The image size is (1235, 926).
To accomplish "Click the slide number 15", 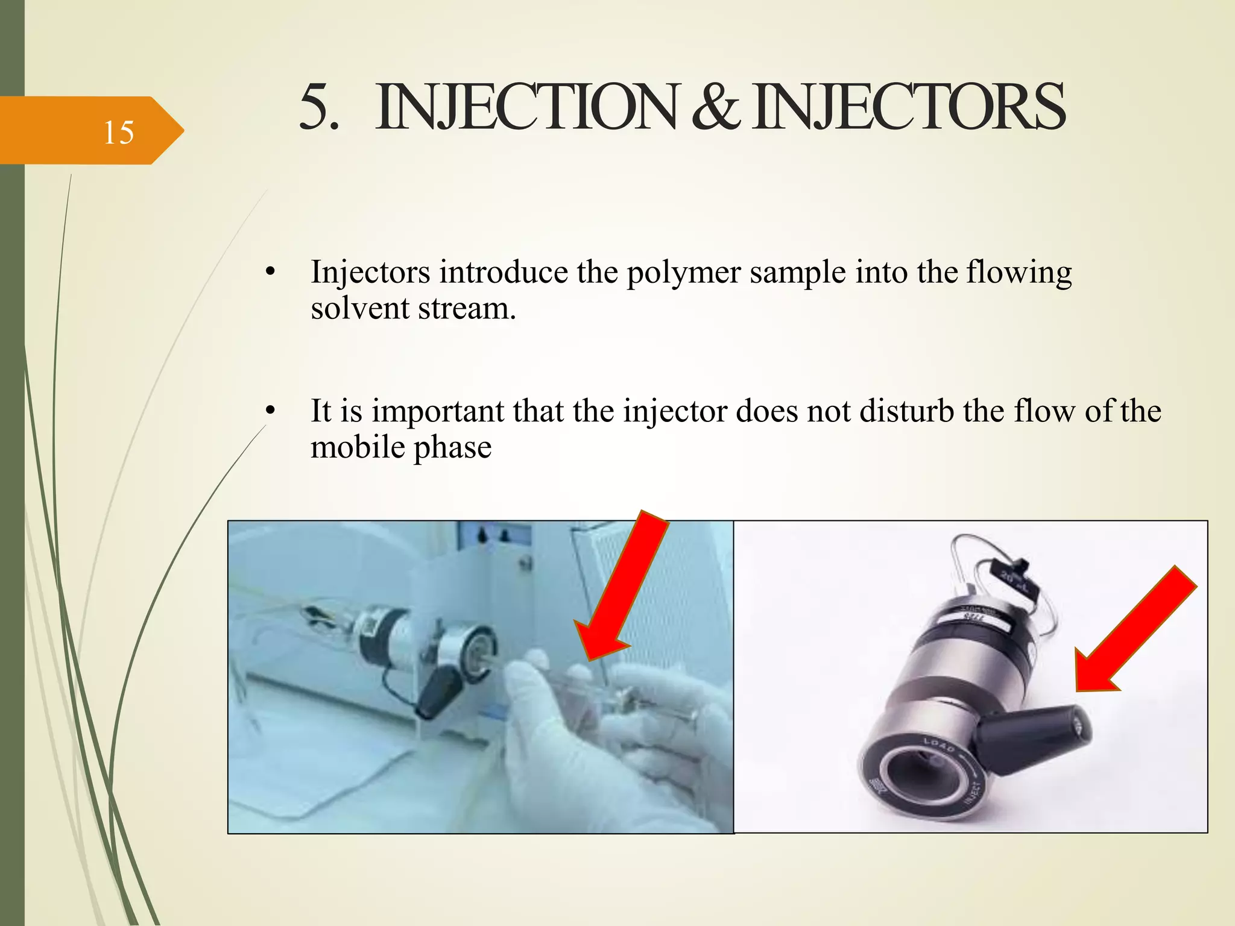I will [x=118, y=132].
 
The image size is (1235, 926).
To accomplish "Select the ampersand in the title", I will [x=715, y=107].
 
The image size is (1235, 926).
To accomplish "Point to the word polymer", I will [x=683, y=272].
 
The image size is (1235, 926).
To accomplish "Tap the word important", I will [x=438, y=411].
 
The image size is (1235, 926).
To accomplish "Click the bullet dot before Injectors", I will [x=270, y=272].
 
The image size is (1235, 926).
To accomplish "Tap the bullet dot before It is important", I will [x=270, y=411].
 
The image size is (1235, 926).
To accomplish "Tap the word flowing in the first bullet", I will [x=1019, y=272].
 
